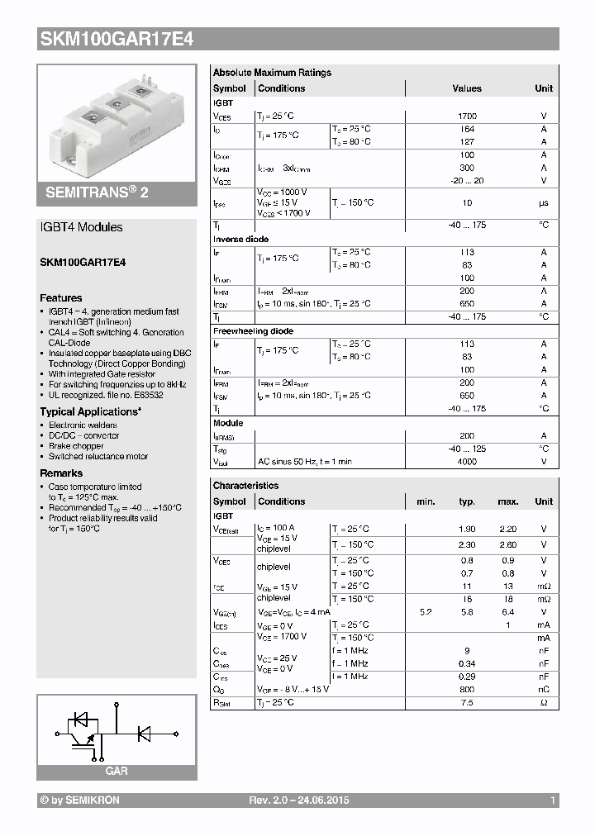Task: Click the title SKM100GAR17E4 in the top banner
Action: coord(117,38)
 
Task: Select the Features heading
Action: coord(61,298)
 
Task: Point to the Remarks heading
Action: coord(61,473)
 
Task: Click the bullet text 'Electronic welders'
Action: coord(83,425)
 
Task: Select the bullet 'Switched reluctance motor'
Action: coord(98,456)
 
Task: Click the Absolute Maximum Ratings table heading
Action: coord(271,73)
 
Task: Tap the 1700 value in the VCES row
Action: coord(467,116)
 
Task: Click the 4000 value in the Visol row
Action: coord(467,462)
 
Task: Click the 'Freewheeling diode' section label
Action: coord(253,331)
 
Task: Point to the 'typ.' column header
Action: coord(467,501)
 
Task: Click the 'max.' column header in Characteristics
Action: coord(507,501)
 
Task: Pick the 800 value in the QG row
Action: coord(467,689)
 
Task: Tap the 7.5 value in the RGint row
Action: coord(467,702)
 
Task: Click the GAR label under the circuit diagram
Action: coord(117,771)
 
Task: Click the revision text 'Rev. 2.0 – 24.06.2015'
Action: coord(299,801)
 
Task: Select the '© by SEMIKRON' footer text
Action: coord(79,801)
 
